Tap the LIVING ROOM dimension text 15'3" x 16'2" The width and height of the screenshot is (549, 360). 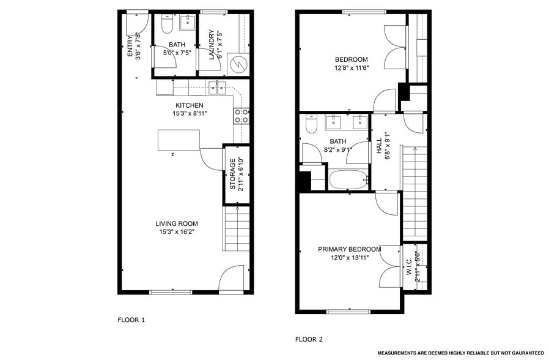[177, 231]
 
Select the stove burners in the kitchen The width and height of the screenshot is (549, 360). [241, 116]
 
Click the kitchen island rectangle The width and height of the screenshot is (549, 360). [179, 140]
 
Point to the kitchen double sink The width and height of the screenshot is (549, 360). [217, 88]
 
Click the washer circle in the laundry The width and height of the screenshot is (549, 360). [237, 63]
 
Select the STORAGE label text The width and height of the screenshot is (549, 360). [232, 174]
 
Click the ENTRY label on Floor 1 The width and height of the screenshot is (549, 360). [130, 47]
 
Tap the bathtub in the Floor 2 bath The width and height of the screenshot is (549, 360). [348, 179]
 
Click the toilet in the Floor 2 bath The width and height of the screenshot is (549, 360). [310, 126]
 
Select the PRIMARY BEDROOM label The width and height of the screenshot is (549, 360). [349, 249]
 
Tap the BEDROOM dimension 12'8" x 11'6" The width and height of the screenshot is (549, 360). [351, 67]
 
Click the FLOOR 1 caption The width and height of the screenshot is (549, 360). [131, 320]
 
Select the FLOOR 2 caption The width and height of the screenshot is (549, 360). [309, 339]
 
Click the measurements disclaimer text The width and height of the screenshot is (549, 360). [460, 353]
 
